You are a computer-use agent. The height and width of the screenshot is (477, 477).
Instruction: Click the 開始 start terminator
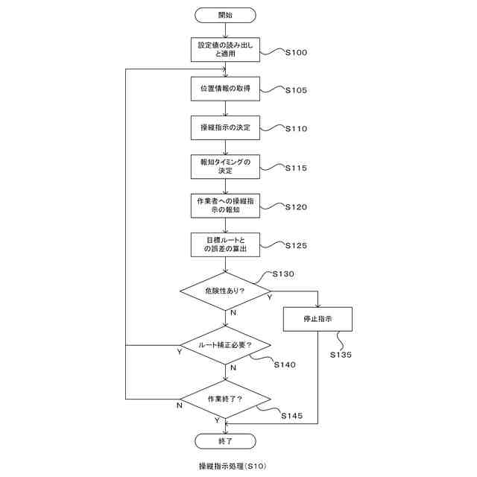coord(225,14)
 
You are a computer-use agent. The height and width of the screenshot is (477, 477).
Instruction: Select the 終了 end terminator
coord(225,441)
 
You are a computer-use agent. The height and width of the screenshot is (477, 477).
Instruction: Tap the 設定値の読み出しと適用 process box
coord(225,49)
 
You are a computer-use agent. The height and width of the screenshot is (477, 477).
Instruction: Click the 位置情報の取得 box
coord(225,89)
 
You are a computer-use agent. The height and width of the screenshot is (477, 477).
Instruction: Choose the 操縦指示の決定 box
coord(225,127)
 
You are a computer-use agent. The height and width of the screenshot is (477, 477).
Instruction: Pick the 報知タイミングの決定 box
coord(225,166)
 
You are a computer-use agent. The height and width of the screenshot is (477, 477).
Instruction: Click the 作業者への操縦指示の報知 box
coord(225,206)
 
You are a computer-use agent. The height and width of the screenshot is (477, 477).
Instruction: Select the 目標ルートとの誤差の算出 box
coord(225,244)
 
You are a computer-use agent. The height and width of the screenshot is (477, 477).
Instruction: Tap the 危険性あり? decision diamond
coord(225,291)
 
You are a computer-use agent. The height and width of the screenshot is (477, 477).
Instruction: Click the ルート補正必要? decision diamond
coord(225,345)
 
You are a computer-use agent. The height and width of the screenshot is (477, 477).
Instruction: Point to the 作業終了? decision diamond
coord(225,399)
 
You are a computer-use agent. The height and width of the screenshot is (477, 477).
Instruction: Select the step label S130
coord(283,274)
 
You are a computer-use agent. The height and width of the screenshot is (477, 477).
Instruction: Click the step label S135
coord(341,356)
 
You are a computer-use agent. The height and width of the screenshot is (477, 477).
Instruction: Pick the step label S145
coord(292,415)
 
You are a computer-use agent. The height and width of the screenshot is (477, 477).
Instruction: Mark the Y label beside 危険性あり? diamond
coord(268,297)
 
